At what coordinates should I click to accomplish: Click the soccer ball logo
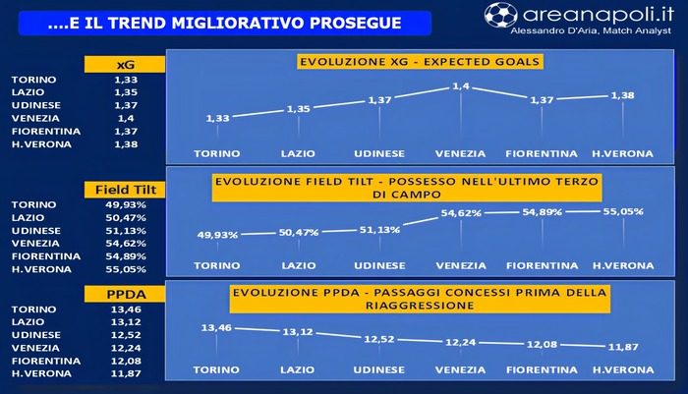point(501,15)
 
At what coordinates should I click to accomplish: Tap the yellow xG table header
point(125,65)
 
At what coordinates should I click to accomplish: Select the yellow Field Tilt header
point(125,190)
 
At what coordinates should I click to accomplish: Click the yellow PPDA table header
point(125,294)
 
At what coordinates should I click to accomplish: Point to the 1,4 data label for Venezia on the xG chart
point(461,86)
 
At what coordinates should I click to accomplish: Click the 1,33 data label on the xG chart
point(217,118)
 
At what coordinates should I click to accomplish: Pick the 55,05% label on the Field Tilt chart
point(623,211)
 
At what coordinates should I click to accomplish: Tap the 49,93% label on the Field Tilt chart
point(217,235)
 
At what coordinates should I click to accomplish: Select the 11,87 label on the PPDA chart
point(623,347)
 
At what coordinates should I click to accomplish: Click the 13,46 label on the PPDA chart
point(216,328)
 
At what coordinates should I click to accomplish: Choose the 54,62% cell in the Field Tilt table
point(126,243)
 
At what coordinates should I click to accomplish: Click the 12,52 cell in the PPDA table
point(126,335)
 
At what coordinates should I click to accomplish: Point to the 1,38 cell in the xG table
point(126,144)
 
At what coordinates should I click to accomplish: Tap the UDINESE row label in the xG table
point(36,105)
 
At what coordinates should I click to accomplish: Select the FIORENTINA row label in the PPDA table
point(46,361)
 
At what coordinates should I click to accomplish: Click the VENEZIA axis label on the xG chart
point(460,154)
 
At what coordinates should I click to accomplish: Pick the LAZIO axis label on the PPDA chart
point(298,369)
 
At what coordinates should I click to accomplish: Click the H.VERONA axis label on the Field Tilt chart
point(623,266)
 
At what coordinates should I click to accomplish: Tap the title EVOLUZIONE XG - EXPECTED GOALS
point(420,62)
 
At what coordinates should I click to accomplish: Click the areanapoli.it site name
point(598,15)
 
